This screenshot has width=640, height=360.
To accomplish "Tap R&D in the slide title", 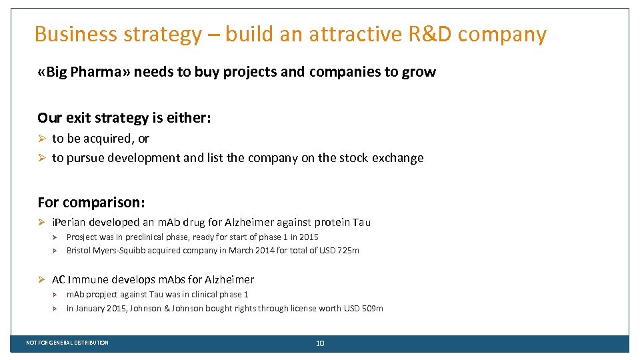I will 433,34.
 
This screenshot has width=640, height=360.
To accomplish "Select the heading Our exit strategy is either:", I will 124,118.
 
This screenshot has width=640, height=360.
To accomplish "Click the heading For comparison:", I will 91,201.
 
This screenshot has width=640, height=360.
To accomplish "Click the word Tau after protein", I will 361,223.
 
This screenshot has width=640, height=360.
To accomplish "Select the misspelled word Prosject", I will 82,237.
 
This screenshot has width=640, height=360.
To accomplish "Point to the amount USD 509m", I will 363,309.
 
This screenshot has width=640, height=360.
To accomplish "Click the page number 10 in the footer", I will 320,343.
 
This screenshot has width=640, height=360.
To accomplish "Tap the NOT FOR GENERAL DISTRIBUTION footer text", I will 67,343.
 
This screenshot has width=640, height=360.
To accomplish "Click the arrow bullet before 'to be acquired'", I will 41,139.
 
